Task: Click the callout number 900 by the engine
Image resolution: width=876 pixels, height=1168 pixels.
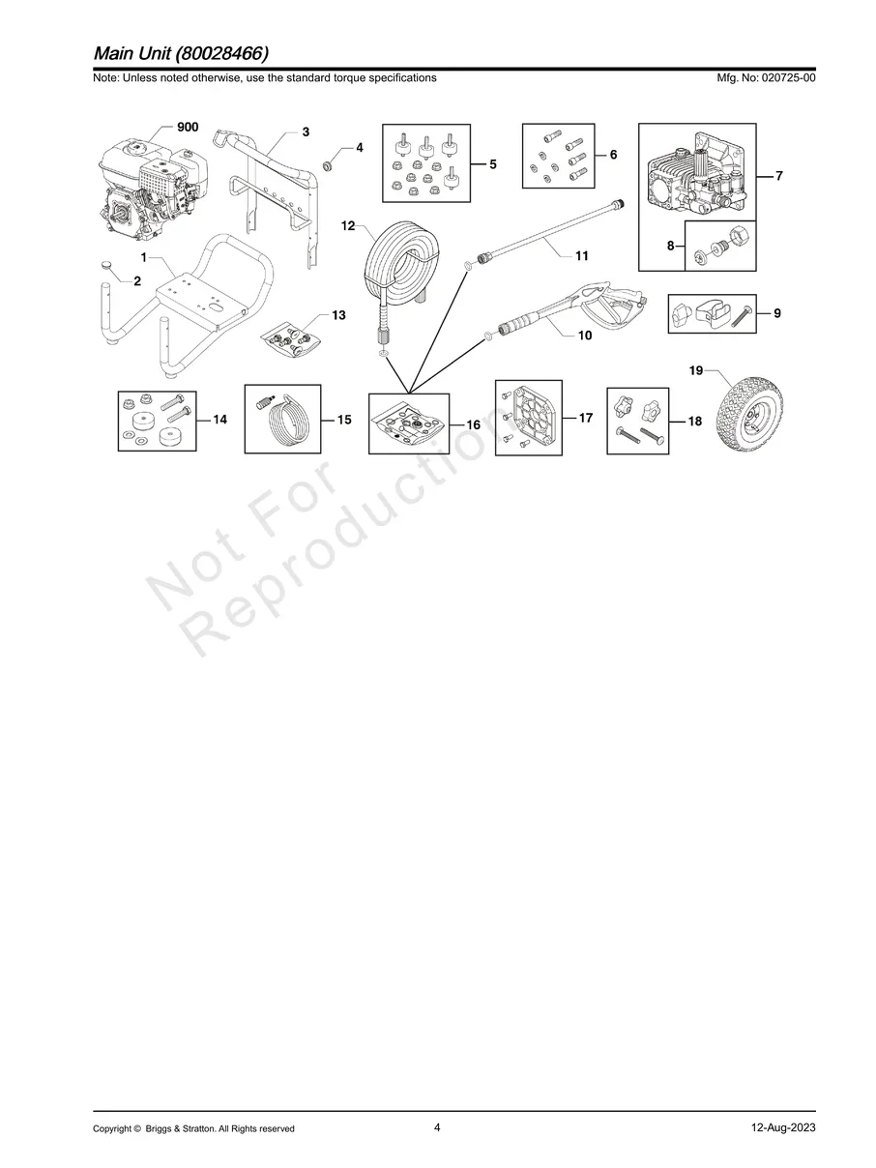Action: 188,128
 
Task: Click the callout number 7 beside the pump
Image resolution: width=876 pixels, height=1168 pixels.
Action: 778,175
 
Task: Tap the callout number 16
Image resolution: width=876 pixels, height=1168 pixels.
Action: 474,424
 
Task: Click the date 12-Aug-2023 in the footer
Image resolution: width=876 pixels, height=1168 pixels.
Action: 783,1128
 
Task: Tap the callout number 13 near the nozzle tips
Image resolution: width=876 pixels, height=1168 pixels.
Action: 338,315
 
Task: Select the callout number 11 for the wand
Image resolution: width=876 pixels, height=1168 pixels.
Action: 582,256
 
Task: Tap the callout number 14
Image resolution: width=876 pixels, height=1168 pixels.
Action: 220,420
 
